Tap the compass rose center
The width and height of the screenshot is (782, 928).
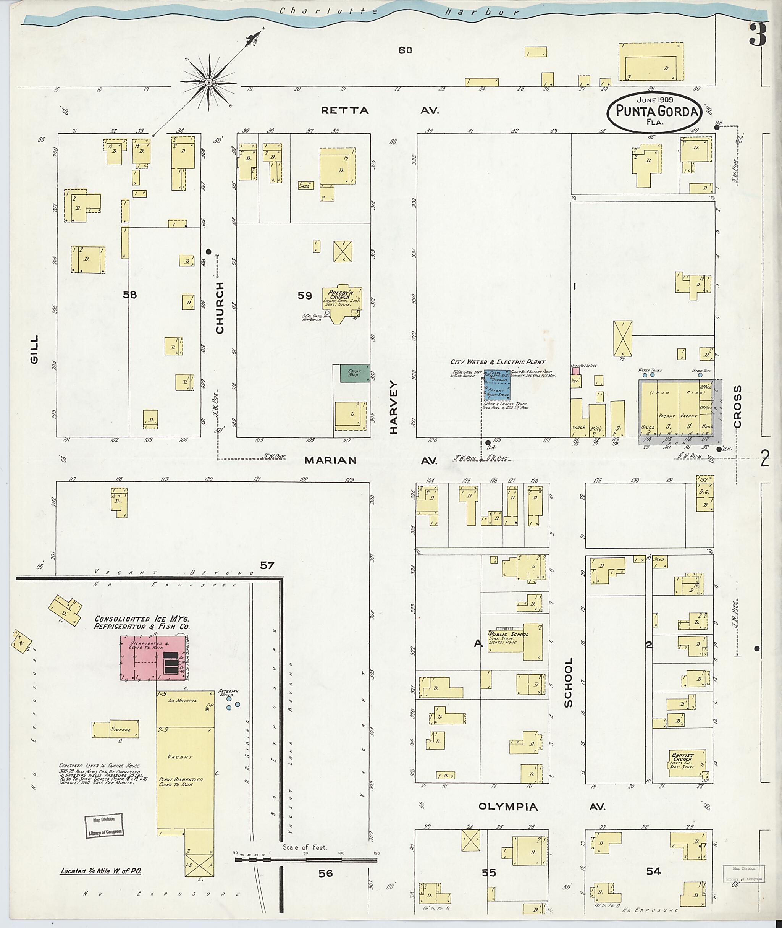tap(208, 83)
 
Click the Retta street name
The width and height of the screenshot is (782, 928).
tap(344, 110)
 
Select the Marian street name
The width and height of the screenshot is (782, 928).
tap(330, 460)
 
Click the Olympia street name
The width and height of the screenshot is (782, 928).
tap(508, 807)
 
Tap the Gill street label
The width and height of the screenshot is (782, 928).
tap(34, 349)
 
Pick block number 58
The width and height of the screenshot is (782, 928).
tap(130, 295)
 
